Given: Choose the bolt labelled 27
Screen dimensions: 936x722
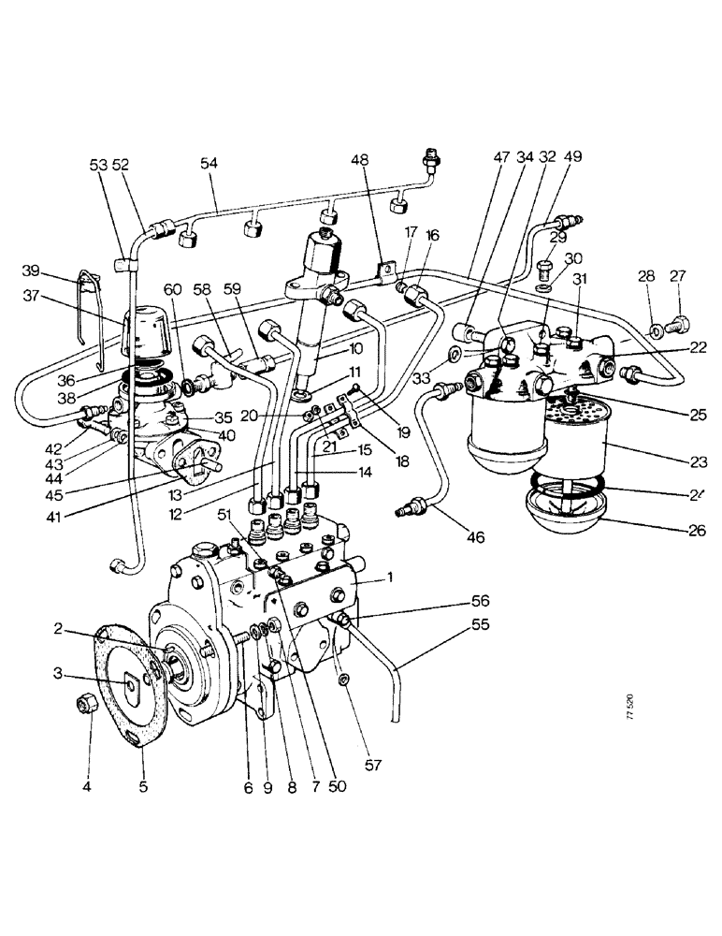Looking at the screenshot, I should point(679,328).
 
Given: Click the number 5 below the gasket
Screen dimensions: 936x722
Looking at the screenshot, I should point(143,786).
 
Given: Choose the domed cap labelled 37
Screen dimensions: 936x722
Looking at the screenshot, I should point(151,330).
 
